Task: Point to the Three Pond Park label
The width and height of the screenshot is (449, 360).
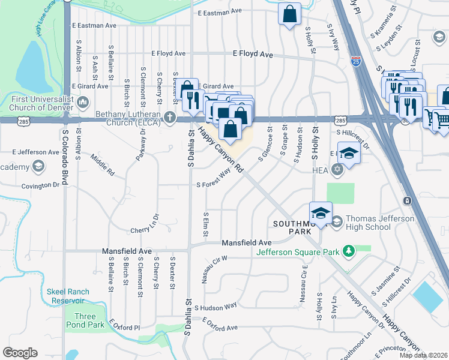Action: (85, 320)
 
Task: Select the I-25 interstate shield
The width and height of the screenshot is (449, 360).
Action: (356, 61)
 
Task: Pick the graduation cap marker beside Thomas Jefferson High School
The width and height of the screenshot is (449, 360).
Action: (321, 214)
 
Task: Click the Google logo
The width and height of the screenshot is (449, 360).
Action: (20, 352)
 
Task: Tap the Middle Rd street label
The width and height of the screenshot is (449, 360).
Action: (103, 165)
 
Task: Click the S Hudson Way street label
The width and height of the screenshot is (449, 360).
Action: (215, 305)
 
